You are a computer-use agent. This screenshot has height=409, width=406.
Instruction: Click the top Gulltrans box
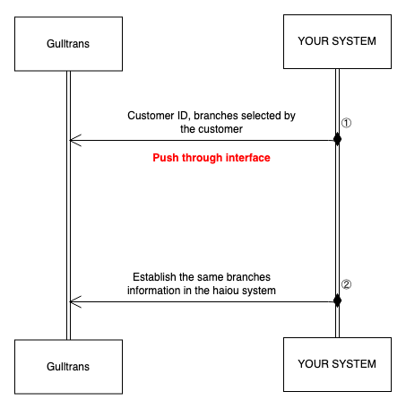pos(68,44)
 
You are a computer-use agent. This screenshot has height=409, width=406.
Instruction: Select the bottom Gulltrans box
pos(68,367)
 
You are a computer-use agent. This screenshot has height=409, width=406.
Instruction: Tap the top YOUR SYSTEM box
pos(337,41)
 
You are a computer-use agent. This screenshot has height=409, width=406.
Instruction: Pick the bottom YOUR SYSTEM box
pos(337,364)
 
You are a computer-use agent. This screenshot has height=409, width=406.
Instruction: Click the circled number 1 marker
pos(346,123)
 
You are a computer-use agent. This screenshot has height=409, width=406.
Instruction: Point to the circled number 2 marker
pos(346,284)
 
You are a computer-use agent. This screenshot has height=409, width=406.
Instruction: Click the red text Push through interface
pos(212,158)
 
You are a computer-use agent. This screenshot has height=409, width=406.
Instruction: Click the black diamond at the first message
pos(337,139)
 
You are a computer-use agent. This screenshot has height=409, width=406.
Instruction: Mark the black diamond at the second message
pos(337,300)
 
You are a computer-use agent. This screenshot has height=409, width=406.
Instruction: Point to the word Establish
pos(154,277)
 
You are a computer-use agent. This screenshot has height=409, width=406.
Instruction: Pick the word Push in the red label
pos(166,158)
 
